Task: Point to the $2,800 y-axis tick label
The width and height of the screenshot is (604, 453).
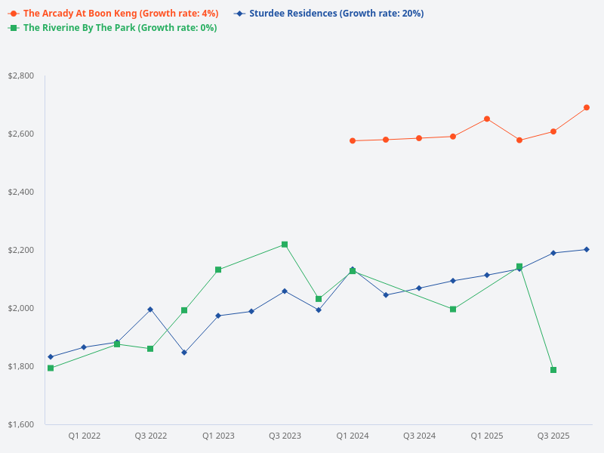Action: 21,75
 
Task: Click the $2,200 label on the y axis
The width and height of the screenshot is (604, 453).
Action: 21,250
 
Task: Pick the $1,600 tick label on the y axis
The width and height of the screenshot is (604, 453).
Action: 21,424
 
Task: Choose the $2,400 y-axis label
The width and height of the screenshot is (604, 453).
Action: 21,192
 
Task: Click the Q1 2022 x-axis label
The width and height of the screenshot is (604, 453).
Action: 85,436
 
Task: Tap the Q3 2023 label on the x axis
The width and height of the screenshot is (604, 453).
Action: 285,436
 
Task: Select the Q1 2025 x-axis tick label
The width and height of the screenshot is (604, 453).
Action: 487,436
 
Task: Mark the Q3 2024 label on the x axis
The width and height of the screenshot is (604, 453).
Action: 419,436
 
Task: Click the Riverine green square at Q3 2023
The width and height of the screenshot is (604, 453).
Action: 285,245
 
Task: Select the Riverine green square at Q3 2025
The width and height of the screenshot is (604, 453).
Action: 553,370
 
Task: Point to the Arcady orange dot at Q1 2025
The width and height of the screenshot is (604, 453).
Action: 487,119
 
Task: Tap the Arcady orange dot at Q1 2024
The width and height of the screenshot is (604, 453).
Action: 353,140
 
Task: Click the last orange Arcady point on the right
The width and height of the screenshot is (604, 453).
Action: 587,107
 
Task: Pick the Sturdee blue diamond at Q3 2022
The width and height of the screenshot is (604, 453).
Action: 150,310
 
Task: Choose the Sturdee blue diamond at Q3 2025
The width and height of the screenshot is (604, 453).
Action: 553,253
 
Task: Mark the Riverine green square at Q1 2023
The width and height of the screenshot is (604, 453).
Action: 218,270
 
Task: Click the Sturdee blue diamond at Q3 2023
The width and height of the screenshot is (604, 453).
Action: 285,291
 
